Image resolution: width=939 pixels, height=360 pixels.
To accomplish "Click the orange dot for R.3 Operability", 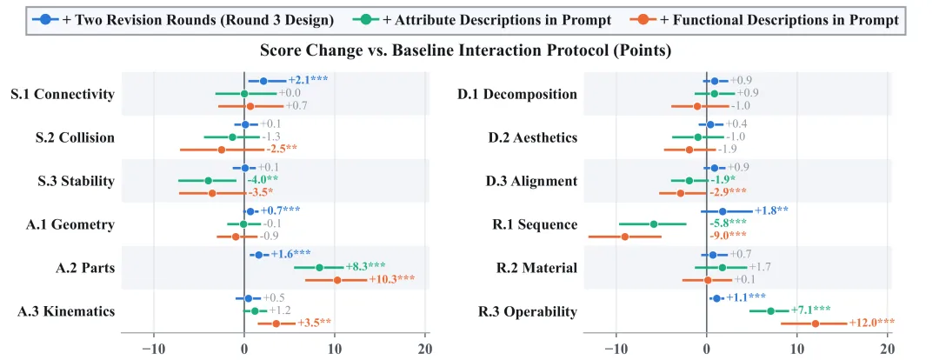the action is click(815, 323).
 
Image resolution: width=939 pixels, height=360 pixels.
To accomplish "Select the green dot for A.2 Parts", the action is click(319, 267).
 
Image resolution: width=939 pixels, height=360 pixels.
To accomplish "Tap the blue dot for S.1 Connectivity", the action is click(263, 81).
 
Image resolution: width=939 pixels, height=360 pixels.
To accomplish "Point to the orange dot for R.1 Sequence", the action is click(625, 237).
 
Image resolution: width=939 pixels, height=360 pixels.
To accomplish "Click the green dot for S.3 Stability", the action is click(209, 180).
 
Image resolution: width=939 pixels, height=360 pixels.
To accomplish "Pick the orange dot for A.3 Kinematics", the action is click(276, 323).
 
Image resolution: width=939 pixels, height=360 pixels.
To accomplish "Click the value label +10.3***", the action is click(391, 280).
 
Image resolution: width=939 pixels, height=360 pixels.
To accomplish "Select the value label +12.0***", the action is click(872, 323).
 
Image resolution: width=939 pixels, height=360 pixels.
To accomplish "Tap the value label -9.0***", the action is click(729, 237).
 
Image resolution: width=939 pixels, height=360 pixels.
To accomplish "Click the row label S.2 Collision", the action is click(75, 137).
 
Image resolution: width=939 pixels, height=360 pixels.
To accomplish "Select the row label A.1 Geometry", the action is click(70, 224).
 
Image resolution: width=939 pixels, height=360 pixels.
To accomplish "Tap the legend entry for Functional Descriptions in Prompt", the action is click(763, 20).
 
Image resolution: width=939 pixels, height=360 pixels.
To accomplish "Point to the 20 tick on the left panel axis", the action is click(425, 349).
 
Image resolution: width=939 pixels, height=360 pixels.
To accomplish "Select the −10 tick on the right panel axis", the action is click(614, 349).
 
